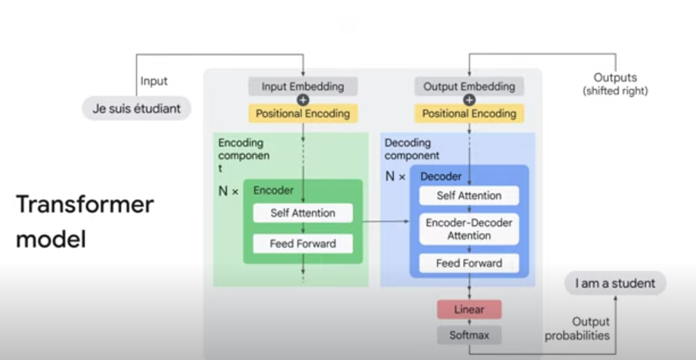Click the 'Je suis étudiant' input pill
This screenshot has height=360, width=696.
coord(136,108)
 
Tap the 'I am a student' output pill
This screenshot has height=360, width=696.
coord(614,283)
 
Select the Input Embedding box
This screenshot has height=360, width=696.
coord(303,87)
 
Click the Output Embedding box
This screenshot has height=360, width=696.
coord(469,87)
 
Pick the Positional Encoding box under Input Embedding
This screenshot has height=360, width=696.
coord(303,113)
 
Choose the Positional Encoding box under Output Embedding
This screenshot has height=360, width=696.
coord(469,113)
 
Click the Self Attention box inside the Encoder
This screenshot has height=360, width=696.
coord(303,213)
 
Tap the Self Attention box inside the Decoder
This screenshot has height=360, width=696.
coord(469,196)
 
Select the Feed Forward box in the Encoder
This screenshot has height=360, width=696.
coord(303,244)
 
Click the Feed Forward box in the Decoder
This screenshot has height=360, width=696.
coord(469,263)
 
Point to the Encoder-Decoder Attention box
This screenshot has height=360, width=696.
coord(469,229)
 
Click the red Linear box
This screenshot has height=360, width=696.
coord(469,309)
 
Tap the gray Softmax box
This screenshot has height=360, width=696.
coord(469,335)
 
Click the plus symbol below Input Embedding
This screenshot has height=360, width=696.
coord(303,100)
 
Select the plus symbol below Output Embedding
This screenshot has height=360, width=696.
coord(469,100)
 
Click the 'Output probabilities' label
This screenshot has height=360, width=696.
coord(578,329)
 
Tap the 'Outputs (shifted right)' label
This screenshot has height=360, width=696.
coord(615,84)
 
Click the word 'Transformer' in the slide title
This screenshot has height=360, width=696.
coord(84,205)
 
